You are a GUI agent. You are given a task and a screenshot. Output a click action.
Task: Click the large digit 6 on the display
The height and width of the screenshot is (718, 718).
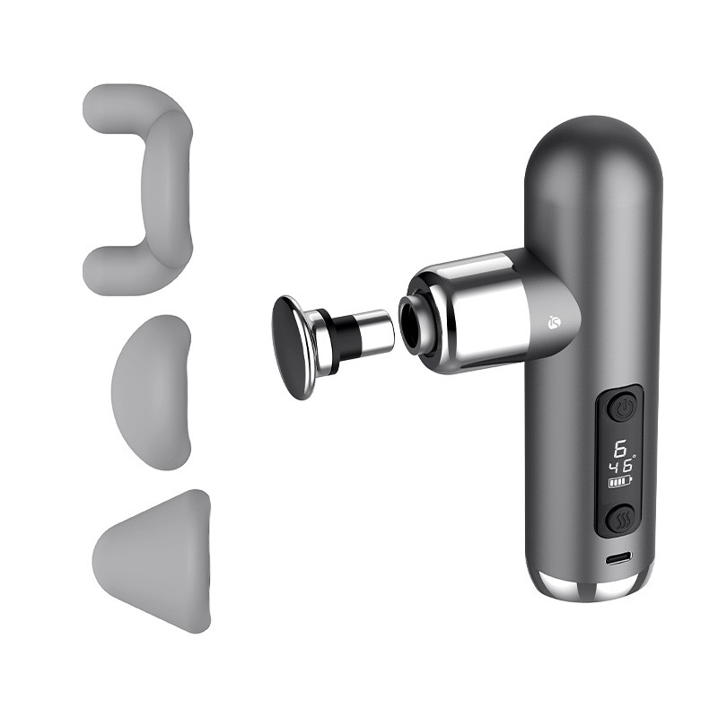tap(620, 448)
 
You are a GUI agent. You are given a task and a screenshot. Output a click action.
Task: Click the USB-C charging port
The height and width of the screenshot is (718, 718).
tap(618, 558)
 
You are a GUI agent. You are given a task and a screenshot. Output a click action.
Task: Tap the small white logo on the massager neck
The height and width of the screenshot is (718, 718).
tap(554, 323)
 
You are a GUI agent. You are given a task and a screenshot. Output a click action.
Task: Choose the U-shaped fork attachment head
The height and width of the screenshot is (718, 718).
tap(137, 189)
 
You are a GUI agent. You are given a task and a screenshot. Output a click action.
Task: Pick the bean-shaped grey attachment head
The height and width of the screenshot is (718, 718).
tap(151, 392)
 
